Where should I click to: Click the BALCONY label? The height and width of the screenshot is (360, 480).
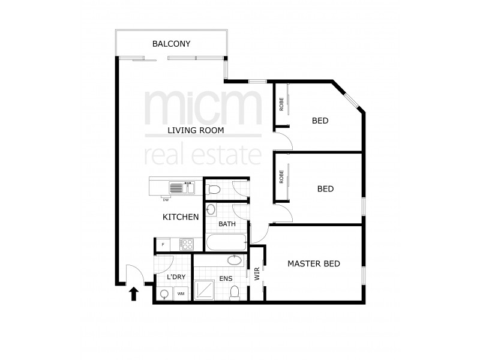click(171, 44)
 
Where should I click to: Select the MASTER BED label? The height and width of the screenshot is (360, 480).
click(314, 263)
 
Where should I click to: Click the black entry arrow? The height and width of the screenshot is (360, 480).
click(134, 293)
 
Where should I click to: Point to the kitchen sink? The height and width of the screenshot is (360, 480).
click(179, 188)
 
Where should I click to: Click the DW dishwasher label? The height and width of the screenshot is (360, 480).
click(165, 199)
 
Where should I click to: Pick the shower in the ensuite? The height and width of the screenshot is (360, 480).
click(205, 291)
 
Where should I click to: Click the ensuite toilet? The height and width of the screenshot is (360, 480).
click(236, 292)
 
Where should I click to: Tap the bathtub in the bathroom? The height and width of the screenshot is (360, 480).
click(226, 243)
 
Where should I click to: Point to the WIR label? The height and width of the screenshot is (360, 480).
click(257, 274)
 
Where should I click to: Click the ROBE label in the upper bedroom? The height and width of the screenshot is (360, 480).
click(281, 104)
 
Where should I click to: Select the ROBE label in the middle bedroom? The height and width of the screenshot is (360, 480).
click(281, 177)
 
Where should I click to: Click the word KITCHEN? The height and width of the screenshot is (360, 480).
click(181, 217)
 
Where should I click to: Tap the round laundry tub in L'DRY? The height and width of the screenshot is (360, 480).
click(164, 293)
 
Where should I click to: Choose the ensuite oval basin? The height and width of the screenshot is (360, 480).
click(235, 260)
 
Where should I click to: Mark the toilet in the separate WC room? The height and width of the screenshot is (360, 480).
click(213, 191)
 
